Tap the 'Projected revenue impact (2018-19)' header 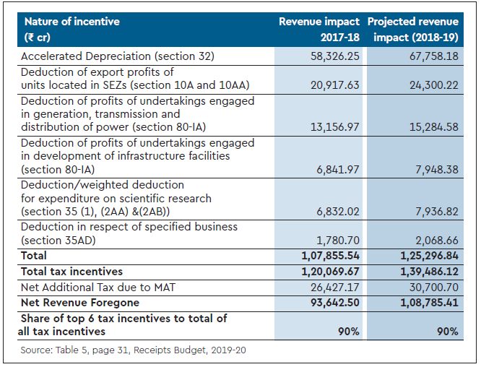pos(412,28)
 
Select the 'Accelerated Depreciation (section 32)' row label pos(118,56)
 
